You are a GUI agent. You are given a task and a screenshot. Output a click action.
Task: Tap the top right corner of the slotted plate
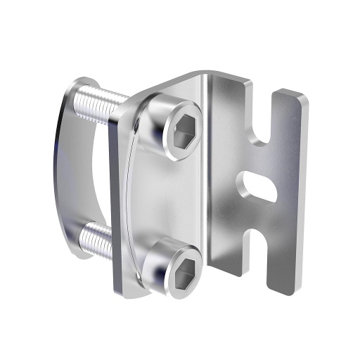pyautogui.click(x=304, y=96)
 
